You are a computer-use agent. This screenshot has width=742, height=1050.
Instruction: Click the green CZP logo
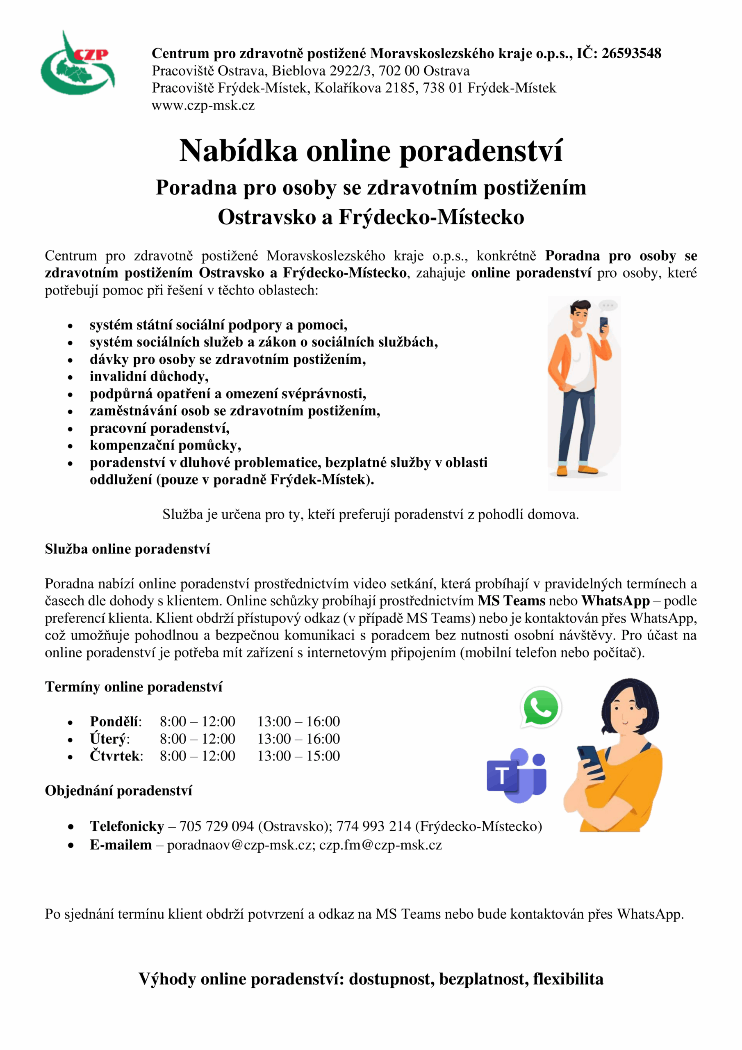(78, 64)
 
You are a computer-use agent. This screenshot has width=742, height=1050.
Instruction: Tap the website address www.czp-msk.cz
(203, 106)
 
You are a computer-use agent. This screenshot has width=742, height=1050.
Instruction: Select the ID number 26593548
(631, 53)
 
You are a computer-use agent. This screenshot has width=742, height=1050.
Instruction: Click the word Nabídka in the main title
(238, 151)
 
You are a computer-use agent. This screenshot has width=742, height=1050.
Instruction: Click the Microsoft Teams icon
(517, 775)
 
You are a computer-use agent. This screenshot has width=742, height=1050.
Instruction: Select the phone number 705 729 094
(216, 826)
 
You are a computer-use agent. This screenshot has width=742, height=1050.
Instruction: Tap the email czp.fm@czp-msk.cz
(380, 845)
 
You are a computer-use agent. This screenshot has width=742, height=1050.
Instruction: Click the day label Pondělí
(115, 721)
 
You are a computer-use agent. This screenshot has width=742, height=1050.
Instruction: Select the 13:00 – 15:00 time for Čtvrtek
(298, 756)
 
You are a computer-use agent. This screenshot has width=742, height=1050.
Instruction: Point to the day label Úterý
(109, 739)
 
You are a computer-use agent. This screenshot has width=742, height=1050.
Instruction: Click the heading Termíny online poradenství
(134, 687)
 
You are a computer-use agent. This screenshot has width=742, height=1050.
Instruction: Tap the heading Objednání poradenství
(118, 790)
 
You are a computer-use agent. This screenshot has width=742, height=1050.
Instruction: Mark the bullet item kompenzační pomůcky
(165, 445)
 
